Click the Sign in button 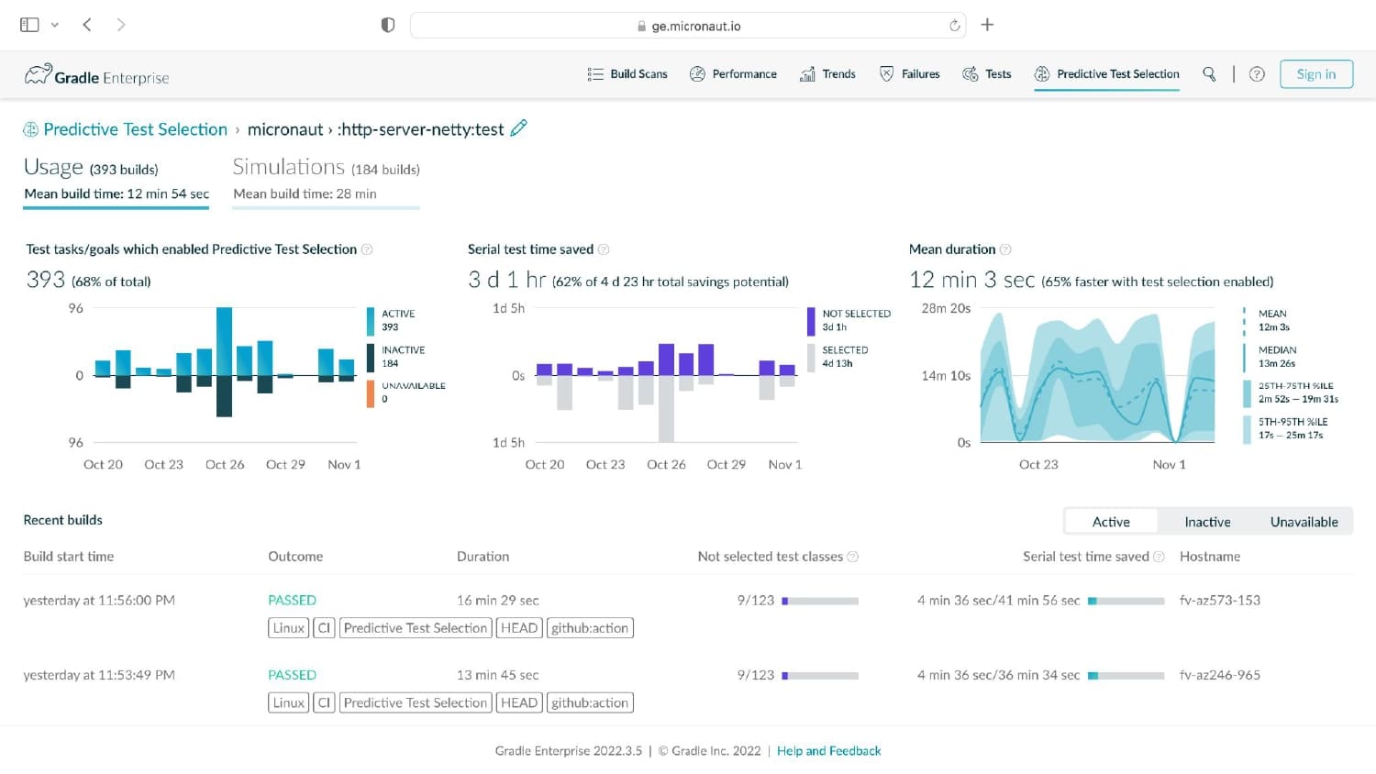tap(1315, 74)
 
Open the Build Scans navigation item tap(627, 74)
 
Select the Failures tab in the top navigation tap(910, 74)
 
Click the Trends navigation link tap(827, 74)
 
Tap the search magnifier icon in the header tap(1209, 74)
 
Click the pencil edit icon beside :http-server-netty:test tap(518, 127)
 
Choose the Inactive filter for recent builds tap(1207, 522)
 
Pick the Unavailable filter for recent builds tap(1304, 522)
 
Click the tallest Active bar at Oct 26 tap(224, 341)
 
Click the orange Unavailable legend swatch tap(371, 393)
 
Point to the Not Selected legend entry tap(849, 320)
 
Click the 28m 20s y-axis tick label tap(946, 308)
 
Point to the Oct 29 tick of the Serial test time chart tap(727, 464)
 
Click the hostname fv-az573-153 tap(1219, 600)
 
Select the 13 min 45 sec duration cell tap(497, 674)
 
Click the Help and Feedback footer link tap(828, 751)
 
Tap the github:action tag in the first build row tap(590, 628)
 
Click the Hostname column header tap(1210, 557)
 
